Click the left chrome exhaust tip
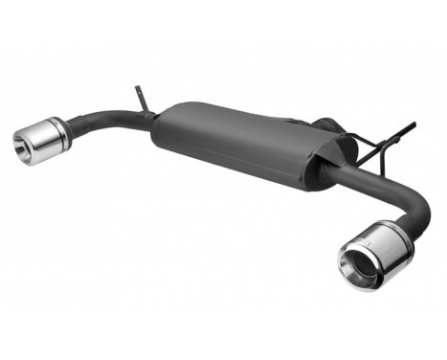click(40, 140)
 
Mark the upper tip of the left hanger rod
click(136, 89)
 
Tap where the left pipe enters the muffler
click(153, 120)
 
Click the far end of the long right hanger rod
click(414, 124)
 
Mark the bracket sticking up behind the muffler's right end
click(321, 124)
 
